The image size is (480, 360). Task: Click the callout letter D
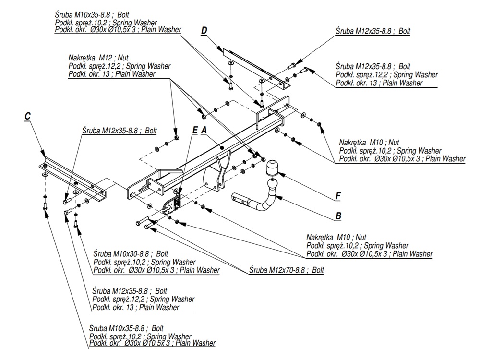[x=204, y=31]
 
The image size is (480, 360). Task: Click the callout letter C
[x=27, y=116]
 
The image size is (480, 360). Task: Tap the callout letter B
[x=338, y=216]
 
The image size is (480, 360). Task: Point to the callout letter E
[x=194, y=130]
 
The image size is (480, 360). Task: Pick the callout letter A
[x=204, y=130]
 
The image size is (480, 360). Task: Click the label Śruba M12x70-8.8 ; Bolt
[x=287, y=270]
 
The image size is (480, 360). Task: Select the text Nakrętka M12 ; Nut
[x=98, y=58]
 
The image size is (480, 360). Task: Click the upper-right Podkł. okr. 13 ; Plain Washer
[x=379, y=83]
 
